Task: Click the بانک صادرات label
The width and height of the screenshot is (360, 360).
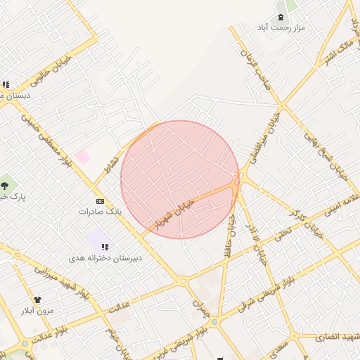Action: click(x=100, y=211)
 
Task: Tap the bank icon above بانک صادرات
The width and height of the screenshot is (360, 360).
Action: click(x=100, y=200)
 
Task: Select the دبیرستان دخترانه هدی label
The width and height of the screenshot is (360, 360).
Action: click(x=105, y=258)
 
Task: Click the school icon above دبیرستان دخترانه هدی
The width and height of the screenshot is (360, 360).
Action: click(x=105, y=247)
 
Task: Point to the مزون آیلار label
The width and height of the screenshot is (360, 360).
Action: click(x=37, y=310)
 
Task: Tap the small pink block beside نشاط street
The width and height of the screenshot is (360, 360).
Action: click(x=82, y=157)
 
